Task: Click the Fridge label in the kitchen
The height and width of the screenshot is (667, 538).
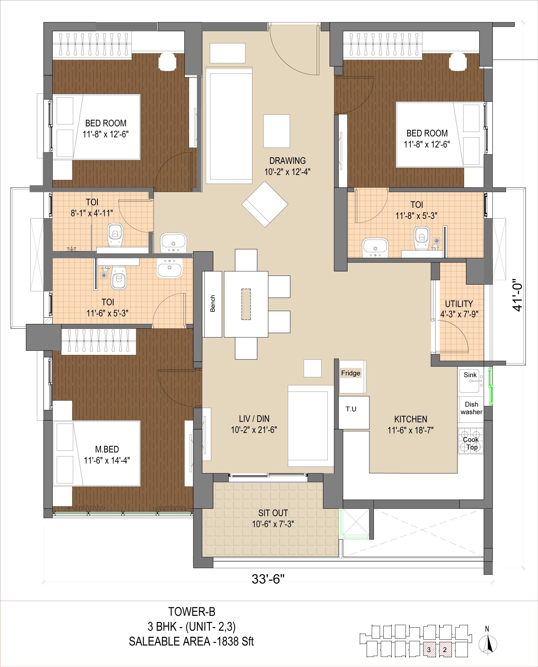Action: coord(351,373)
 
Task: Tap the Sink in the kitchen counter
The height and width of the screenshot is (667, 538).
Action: coord(470,380)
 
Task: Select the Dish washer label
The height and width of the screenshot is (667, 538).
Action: coord(471,408)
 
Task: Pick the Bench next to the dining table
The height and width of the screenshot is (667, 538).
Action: coord(212,304)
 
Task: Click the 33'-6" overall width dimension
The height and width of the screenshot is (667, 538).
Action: coord(268,579)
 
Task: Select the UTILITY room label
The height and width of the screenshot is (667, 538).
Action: coord(459,304)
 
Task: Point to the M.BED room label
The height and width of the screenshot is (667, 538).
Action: coord(107,449)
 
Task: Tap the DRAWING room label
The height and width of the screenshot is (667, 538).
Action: coord(287,161)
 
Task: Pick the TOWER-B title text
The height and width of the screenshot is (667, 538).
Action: coord(192,612)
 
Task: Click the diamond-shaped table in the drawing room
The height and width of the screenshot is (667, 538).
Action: coord(265,204)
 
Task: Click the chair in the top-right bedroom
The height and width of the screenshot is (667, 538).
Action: coord(458,61)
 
